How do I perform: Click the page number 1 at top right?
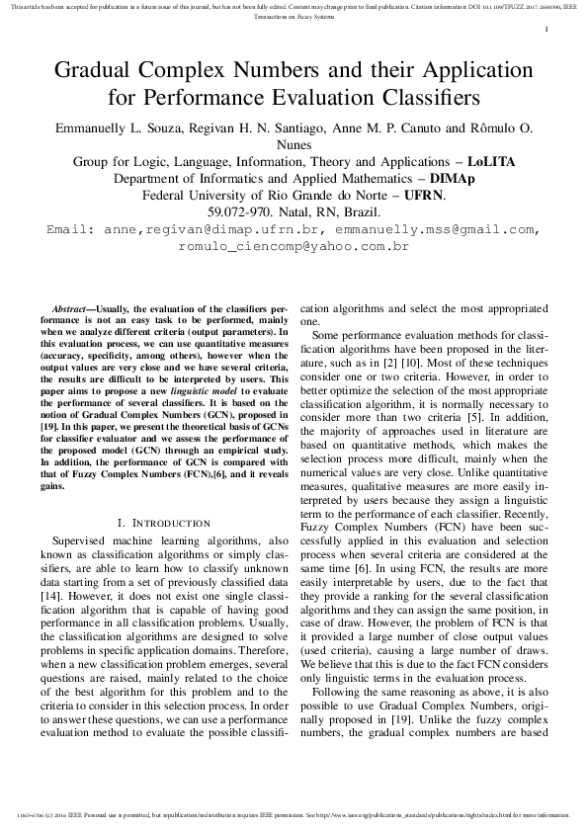(546, 31)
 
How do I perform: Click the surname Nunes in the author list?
(294, 143)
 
